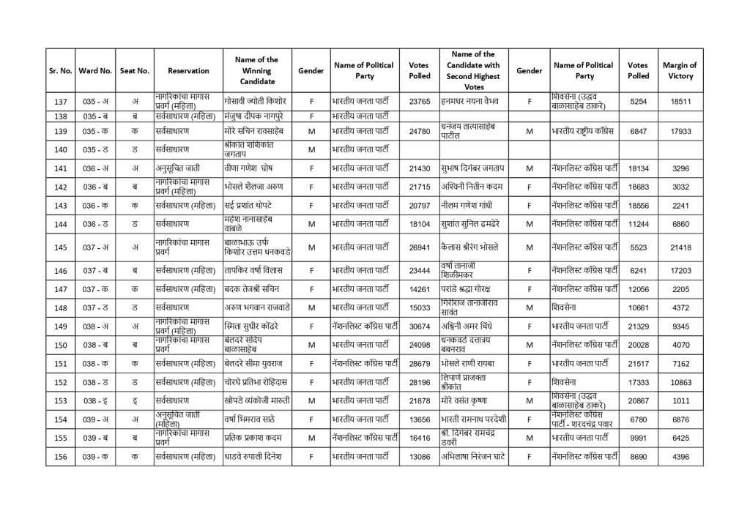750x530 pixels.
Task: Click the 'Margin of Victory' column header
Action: (x=680, y=70)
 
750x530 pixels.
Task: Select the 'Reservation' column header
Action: (x=188, y=70)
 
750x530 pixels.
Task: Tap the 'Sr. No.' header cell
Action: (x=61, y=70)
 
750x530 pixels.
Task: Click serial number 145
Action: (x=61, y=247)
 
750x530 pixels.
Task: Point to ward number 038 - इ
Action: (x=94, y=400)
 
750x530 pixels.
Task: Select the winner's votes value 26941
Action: (x=420, y=247)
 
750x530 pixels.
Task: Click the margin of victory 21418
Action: (x=680, y=247)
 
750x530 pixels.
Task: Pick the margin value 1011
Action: (x=680, y=400)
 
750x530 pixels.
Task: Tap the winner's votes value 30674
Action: (x=420, y=326)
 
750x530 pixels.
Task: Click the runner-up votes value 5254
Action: (x=638, y=101)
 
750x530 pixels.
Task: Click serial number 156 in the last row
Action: (x=61, y=457)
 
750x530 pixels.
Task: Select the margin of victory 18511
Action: (x=680, y=101)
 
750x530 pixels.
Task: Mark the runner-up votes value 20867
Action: (x=638, y=400)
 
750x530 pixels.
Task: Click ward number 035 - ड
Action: (x=94, y=149)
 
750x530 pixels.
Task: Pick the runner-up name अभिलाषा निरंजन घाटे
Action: (x=473, y=457)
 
